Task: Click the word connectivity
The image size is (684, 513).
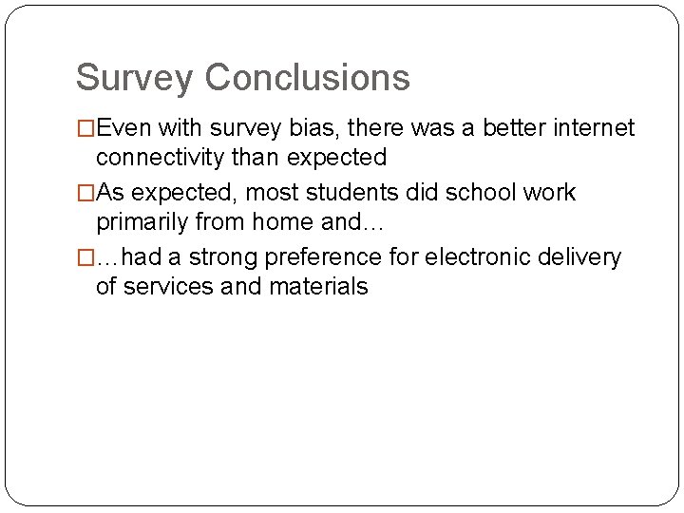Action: click(166, 157)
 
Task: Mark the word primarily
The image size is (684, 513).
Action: click(142, 221)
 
